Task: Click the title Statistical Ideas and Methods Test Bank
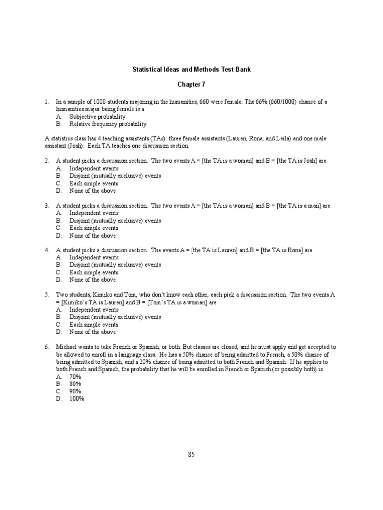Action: click(191, 69)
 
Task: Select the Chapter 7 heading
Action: click(191, 85)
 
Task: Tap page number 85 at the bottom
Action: click(191, 454)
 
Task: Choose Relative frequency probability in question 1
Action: click(108, 124)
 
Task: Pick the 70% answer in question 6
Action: click(75, 377)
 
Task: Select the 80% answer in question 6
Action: click(75, 384)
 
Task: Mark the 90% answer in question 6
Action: click(75, 391)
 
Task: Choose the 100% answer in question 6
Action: click(77, 399)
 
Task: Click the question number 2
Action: click(47, 161)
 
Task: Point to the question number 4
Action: click(47, 250)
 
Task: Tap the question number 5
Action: click(47, 295)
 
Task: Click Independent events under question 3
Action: click(94, 213)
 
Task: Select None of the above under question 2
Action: click(92, 191)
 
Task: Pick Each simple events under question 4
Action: click(94, 272)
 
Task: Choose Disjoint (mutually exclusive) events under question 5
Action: click(115, 317)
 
